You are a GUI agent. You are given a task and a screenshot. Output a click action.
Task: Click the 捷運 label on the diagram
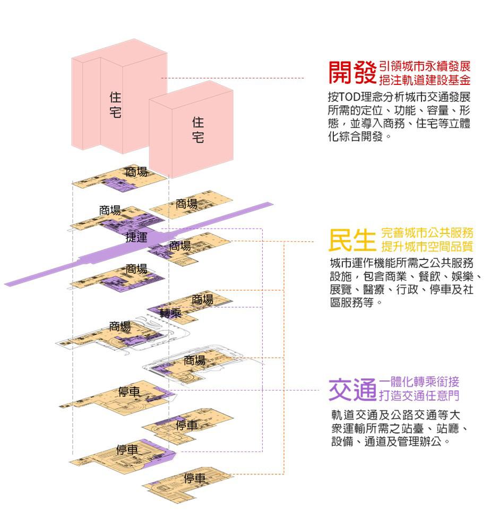point(136,237)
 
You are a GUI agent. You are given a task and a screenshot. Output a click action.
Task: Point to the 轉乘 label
point(170,313)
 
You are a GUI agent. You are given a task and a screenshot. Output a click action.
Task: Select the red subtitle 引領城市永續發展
point(425,67)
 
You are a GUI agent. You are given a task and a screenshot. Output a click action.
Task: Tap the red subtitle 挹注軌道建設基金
point(425,80)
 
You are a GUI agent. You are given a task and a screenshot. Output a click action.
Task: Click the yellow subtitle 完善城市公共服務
point(427,233)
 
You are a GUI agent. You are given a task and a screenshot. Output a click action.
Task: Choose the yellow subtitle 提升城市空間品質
point(427,247)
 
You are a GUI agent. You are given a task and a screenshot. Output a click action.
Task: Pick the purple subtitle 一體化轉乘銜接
point(419,381)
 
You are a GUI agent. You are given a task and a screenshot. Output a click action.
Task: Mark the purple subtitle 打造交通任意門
point(419,396)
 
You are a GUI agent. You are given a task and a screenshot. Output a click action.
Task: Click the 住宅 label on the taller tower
point(115,105)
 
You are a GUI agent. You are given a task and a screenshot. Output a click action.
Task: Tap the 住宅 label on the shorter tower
point(197,130)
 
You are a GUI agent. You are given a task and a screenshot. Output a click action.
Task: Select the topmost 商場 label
point(136,171)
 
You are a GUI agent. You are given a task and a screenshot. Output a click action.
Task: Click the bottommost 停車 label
point(195,478)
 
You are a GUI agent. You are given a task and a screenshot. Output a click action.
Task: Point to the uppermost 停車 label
point(130,392)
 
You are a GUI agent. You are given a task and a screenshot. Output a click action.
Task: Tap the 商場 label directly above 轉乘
point(202,300)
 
